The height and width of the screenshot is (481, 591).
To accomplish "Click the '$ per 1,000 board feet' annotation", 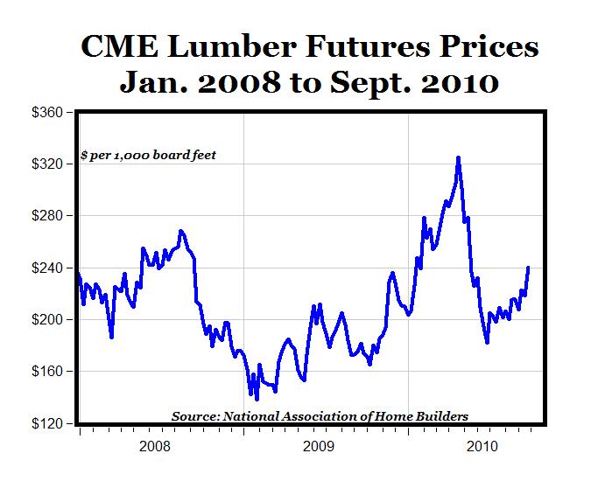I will tap(147, 155).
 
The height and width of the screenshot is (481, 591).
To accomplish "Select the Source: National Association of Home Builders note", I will tap(320, 415).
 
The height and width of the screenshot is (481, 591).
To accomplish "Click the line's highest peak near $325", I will tap(458, 158).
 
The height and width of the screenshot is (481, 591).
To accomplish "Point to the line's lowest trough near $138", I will tap(257, 399).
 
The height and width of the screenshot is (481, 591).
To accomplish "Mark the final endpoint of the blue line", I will tap(528, 268).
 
